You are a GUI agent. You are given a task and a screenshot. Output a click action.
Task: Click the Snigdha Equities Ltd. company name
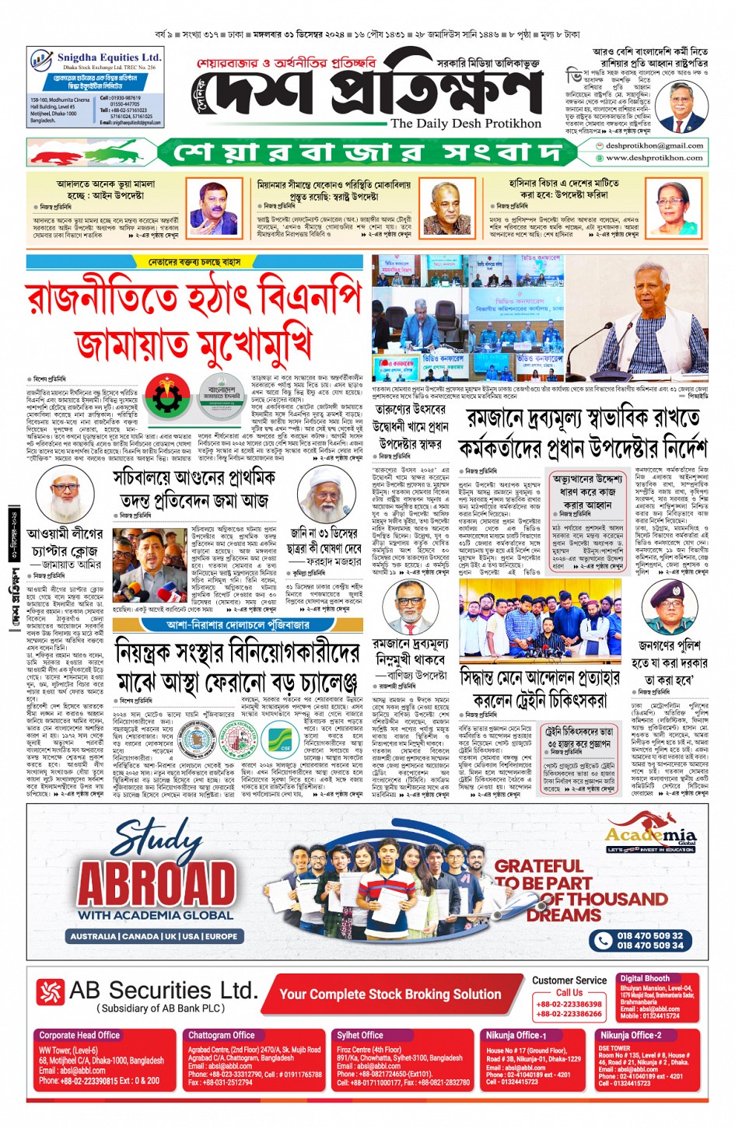point(108,58)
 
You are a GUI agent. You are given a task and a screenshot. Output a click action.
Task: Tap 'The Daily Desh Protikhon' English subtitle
point(465,124)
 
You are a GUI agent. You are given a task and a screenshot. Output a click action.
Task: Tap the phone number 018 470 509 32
point(649,935)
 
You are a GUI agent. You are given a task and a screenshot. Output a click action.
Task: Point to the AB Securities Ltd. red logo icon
point(51,992)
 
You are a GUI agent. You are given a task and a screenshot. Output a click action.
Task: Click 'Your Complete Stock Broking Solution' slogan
point(390,994)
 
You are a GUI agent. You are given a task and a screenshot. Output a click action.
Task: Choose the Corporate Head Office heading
point(79,1035)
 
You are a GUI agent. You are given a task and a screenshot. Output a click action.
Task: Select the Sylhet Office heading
point(359,1035)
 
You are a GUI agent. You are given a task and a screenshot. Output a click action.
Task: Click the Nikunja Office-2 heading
point(630,1035)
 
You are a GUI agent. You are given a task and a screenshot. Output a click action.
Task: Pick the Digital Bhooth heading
point(644,978)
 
